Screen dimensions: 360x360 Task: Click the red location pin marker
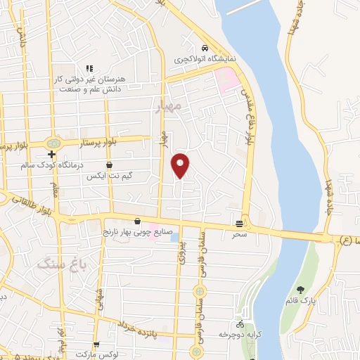[181, 165]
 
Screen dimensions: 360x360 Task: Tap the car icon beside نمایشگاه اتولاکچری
[205, 48]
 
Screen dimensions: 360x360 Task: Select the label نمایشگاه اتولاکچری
[204, 58]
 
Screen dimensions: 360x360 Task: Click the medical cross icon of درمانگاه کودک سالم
[51, 154]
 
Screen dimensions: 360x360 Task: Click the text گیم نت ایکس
[109, 175]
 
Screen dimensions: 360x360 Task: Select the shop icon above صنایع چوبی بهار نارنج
[147, 221]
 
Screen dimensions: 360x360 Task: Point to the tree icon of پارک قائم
[302, 290]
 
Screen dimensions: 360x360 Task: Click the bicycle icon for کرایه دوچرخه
[240, 325]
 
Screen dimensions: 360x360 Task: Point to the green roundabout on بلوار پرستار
[53, 143]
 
